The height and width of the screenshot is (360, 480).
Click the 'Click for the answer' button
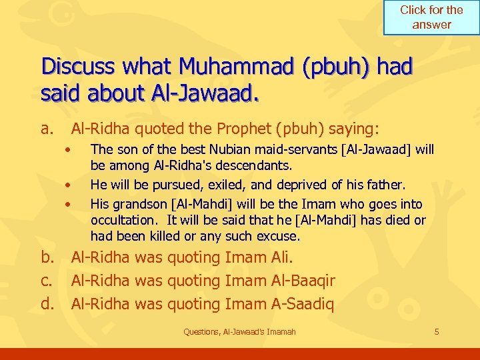pos(431,17)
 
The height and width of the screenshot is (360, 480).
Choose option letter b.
pos(47,257)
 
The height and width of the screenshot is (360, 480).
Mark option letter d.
pos(47,304)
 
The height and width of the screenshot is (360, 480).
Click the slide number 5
pos(437,331)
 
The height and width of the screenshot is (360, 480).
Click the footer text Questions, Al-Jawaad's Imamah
pos(239,331)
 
